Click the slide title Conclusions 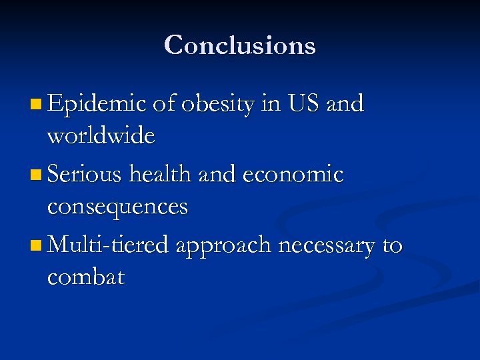(x=239, y=45)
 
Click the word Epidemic (x=97, y=104)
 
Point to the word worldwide (x=101, y=136)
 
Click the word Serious (x=86, y=175)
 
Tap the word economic (x=293, y=175)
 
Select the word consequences (x=117, y=207)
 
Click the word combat (x=85, y=277)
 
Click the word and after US (x=345, y=104)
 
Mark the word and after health (x=215, y=175)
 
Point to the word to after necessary (x=393, y=245)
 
